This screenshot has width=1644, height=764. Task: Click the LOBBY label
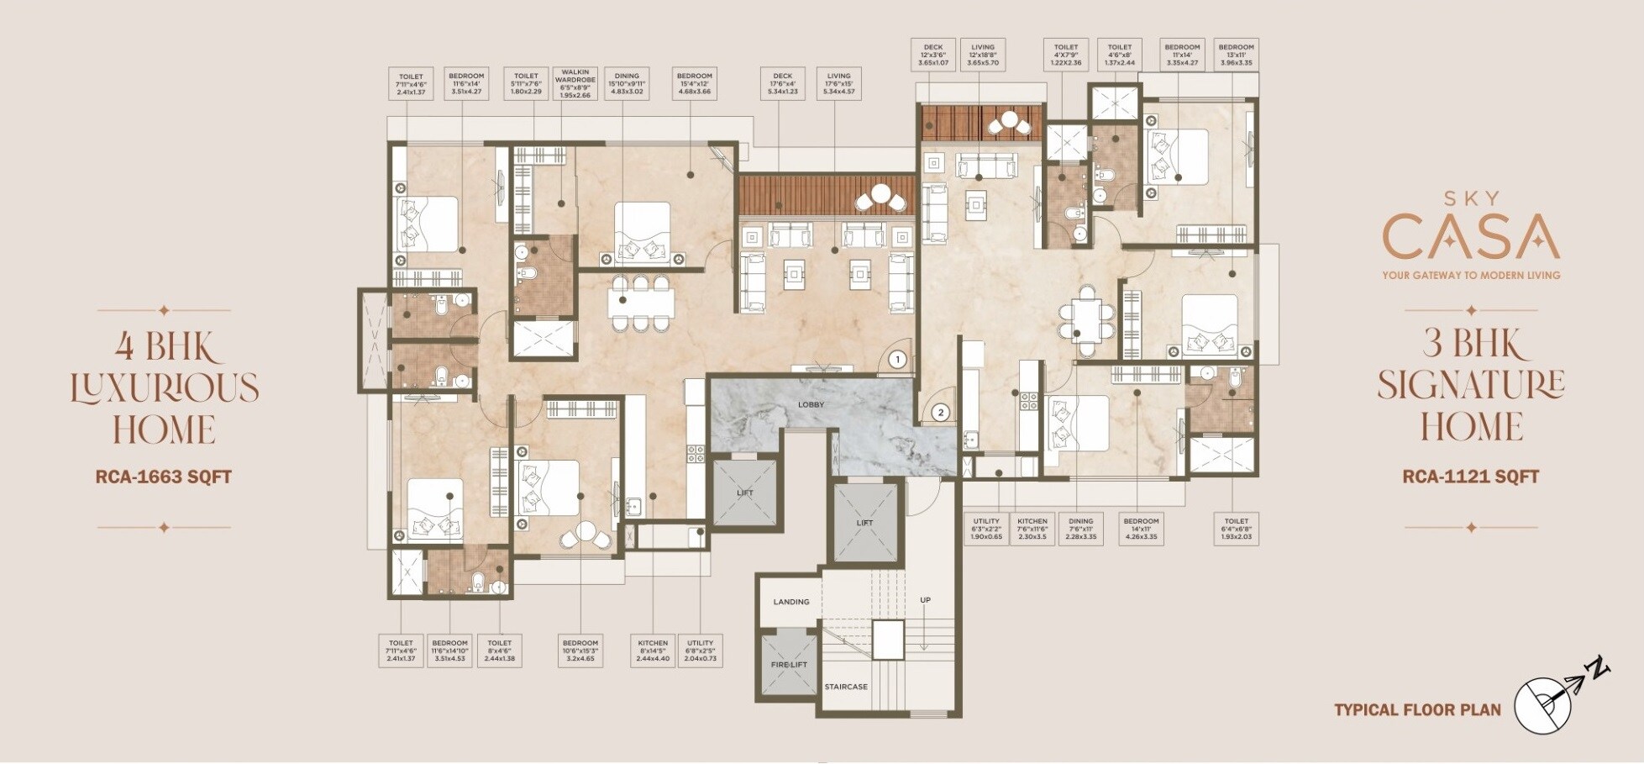point(811,405)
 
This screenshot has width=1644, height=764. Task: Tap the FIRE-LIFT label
point(789,665)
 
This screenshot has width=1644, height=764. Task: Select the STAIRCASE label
point(845,688)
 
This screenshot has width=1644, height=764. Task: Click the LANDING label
point(790,602)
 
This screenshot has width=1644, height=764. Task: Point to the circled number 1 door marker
point(897,361)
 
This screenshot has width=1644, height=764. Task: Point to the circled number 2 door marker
point(941,413)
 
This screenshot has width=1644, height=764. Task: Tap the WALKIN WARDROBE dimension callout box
point(575,84)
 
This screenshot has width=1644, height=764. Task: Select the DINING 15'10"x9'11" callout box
point(627,84)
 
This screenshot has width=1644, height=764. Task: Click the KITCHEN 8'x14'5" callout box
point(653,651)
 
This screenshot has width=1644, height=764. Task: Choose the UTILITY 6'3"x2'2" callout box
point(986,529)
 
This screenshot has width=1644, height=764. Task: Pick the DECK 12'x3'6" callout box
point(932,55)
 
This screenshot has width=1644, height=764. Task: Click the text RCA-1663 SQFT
point(164,477)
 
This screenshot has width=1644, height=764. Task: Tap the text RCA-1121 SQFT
point(1470,477)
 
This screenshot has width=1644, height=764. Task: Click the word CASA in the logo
point(1470,237)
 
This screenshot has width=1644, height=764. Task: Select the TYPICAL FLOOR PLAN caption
point(1417,709)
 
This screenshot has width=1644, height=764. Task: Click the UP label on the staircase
point(925,600)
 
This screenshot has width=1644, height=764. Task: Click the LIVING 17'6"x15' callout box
point(838,84)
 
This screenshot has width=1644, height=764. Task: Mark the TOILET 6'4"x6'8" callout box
point(1236,529)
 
